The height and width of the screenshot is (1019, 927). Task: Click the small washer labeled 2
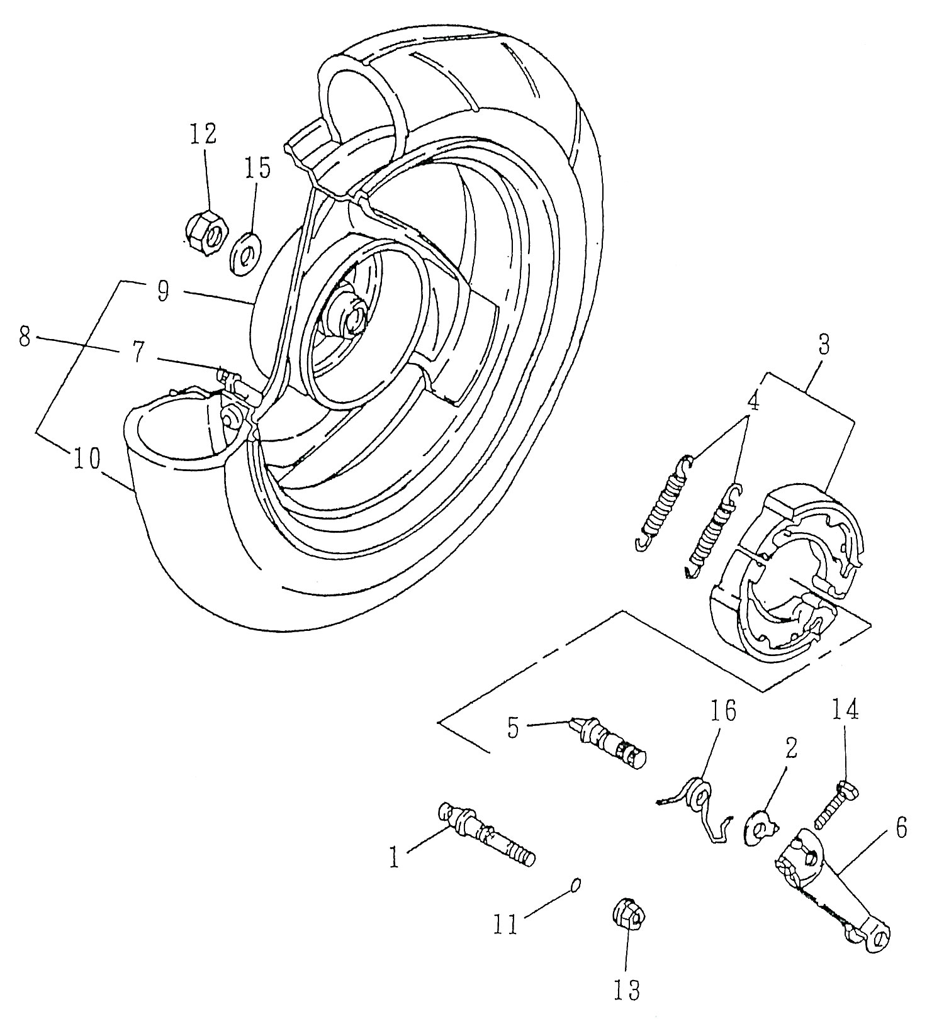(757, 826)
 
